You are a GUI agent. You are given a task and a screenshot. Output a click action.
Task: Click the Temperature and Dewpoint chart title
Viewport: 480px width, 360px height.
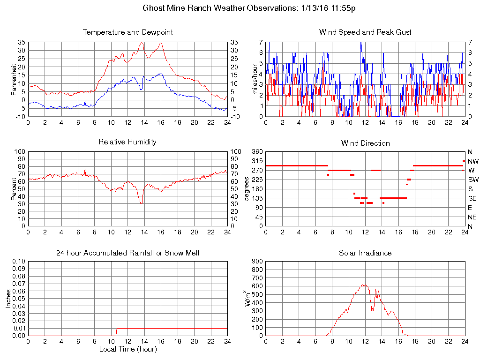click(127, 32)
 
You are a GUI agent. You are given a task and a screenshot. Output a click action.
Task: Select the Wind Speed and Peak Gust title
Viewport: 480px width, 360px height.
click(365, 32)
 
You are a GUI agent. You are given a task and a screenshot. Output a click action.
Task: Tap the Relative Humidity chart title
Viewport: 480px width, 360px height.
click(127, 142)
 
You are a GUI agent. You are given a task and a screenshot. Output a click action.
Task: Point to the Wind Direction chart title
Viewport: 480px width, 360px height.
click(365, 143)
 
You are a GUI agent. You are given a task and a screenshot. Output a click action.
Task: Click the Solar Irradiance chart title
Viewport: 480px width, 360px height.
click(365, 253)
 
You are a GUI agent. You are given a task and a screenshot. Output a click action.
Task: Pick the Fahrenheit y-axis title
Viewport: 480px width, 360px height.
click(14, 80)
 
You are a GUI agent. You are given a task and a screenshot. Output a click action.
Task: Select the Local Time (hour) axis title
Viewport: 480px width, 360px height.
click(127, 349)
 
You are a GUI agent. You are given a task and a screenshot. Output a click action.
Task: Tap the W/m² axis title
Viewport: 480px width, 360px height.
click(249, 298)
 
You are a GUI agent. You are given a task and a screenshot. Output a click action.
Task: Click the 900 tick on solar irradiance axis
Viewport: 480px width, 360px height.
click(257, 261)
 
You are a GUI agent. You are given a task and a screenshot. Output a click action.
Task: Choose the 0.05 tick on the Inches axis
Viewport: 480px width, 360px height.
click(18, 299)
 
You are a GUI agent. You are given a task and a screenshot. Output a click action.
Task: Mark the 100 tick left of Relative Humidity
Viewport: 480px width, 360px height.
click(19, 152)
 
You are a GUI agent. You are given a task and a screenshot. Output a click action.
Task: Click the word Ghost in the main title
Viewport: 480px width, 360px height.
click(154, 8)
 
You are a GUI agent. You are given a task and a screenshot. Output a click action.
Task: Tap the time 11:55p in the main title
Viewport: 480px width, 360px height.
click(348, 8)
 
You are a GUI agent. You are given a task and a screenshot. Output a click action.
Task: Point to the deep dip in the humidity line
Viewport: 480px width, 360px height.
click(141, 202)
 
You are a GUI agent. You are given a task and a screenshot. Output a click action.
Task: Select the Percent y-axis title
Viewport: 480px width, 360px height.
click(14, 189)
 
